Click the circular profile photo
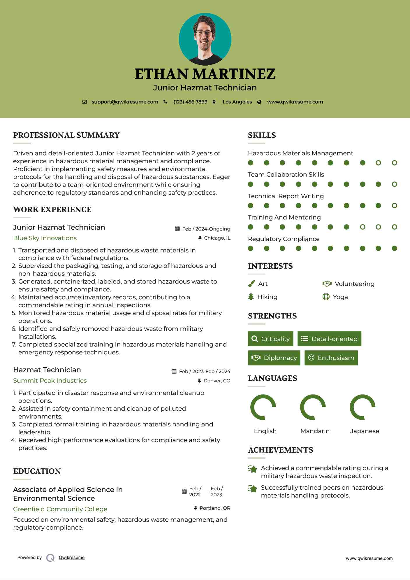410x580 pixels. (205, 39)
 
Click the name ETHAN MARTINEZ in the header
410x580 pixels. (205, 74)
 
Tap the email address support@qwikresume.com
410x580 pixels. (125, 102)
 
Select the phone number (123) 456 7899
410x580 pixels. (190, 102)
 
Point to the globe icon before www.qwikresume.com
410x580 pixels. (259, 102)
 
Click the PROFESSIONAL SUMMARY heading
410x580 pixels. (66, 135)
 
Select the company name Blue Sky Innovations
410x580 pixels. (45, 238)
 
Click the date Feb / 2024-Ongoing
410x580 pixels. (206, 229)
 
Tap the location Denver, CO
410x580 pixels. (217, 381)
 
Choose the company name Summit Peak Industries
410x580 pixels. (50, 381)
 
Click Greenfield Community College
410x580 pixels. (60, 509)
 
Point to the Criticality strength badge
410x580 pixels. (270, 339)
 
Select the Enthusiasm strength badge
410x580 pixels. (331, 358)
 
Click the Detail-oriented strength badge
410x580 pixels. (329, 339)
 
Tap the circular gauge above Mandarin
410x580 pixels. (313, 407)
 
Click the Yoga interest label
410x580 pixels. (340, 297)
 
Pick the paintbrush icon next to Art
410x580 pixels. (251, 284)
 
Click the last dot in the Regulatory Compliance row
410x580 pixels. (394, 248)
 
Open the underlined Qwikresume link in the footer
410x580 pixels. (72, 558)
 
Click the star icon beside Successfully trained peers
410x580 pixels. (253, 488)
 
